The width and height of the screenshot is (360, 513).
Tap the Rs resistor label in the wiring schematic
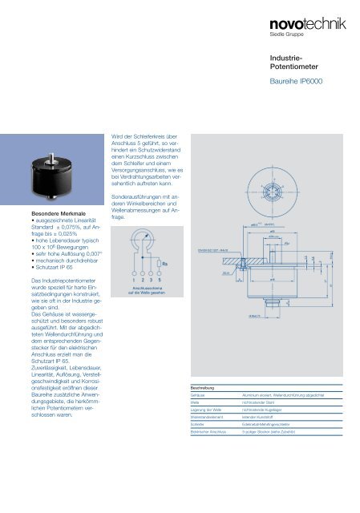click(164, 262)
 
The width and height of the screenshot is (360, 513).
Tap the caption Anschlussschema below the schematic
click(142, 289)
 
